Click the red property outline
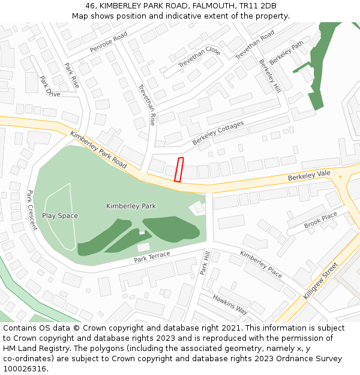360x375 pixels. (178, 169)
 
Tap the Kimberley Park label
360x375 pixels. (131, 206)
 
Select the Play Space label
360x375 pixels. (60, 215)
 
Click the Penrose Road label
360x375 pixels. (109, 41)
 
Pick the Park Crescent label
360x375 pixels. (32, 210)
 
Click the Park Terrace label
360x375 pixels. (152, 257)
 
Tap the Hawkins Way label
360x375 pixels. (230, 304)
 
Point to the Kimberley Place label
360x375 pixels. (261, 264)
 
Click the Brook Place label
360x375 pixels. (320, 220)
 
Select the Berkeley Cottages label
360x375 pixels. (218, 133)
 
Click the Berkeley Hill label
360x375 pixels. (269, 76)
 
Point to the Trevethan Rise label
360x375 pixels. (147, 104)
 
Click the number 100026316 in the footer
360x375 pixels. (25, 368)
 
